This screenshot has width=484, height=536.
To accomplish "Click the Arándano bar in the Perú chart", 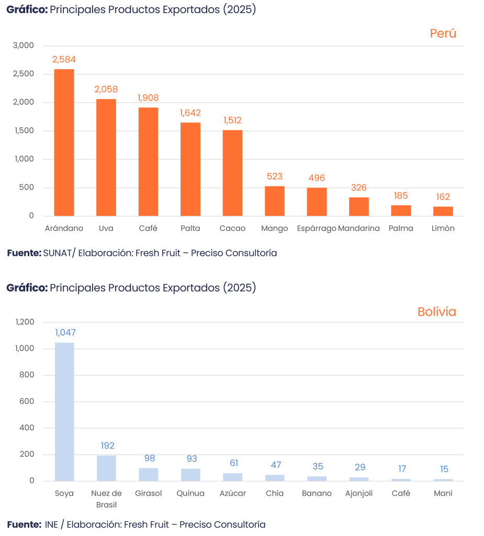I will pyautogui.click(x=64, y=142).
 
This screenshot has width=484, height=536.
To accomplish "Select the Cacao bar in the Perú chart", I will pyautogui.click(x=232, y=173).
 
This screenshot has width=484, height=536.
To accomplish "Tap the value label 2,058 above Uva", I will pyautogui.click(x=106, y=90).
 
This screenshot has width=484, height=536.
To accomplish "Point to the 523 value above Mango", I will pyautogui.click(x=275, y=176).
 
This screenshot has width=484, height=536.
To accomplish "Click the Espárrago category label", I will pyautogui.click(x=316, y=229).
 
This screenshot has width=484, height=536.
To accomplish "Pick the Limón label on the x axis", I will pyautogui.click(x=443, y=229).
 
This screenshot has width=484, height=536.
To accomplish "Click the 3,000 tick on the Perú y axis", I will pyautogui.click(x=24, y=46).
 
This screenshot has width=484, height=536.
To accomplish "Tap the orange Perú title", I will pyautogui.click(x=443, y=33).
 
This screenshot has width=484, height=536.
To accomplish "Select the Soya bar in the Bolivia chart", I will pyautogui.click(x=64, y=411).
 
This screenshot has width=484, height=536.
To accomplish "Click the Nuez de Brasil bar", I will pyautogui.click(x=107, y=468).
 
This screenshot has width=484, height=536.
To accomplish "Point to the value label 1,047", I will pyautogui.click(x=65, y=332).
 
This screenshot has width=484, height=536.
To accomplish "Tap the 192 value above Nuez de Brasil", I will pyautogui.click(x=108, y=446).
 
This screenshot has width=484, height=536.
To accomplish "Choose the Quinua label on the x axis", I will pyautogui.click(x=190, y=494).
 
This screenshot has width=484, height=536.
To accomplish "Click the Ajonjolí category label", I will pyautogui.click(x=359, y=494).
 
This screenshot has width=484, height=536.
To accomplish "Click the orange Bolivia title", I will pyautogui.click(x=436, y=312).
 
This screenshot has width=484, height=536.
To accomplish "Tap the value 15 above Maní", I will pyautogui.click(x=444, y=469).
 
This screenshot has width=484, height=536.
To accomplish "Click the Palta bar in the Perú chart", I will pyautogui.click(x=190, y=169).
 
